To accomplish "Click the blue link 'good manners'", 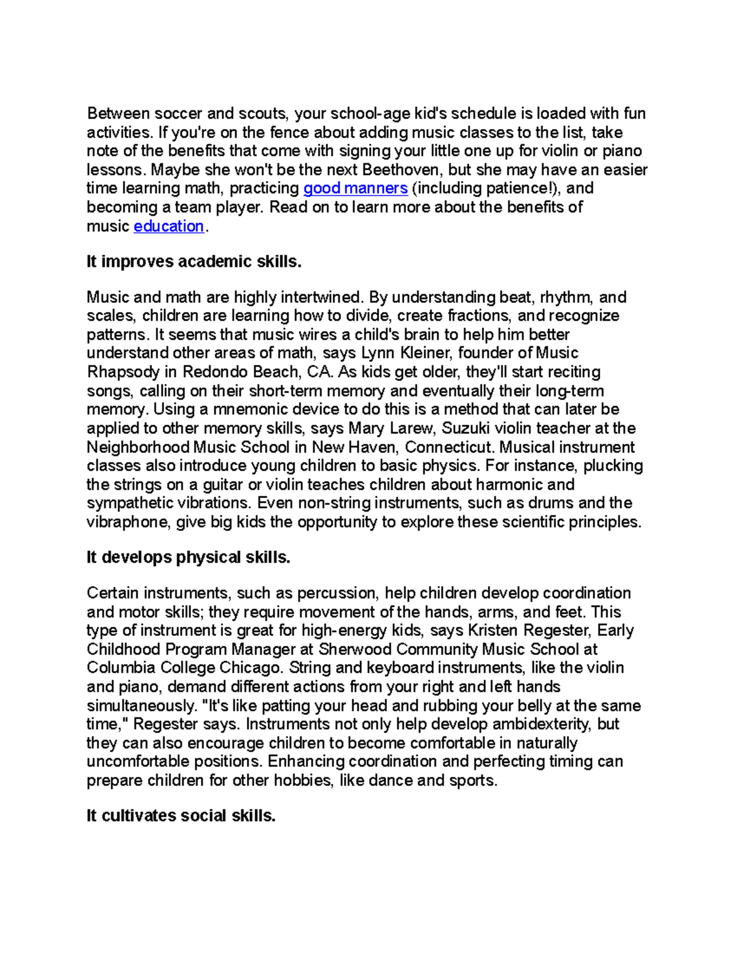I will pyautogui.click(x=356, y=188).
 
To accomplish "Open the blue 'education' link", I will pyautogui.click(x=168, y=226).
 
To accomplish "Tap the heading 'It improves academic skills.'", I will pyautogui.click(x=194, y=262).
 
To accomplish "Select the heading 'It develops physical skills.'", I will pyautogui.click(x=188, y=557).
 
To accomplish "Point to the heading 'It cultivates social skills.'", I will pyautogui.click(x=181, y=816).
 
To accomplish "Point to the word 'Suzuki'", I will pyautogui.click(x=466, y=428).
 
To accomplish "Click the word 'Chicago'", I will pyautogui.click(x=254, y=668).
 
